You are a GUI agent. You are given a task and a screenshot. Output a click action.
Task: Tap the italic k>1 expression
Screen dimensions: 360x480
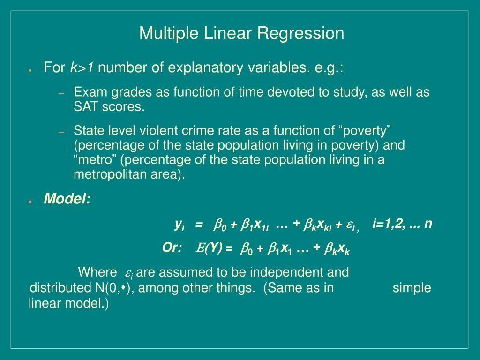point(82,68)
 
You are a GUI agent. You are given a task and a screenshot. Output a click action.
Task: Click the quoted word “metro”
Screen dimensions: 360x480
point(96,160)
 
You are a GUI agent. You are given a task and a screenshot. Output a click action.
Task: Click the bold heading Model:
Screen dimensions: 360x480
point(67,200)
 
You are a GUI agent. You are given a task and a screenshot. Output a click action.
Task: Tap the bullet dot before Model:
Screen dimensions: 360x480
point(30,201)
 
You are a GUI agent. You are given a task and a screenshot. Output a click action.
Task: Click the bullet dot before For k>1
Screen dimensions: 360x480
point(30,70)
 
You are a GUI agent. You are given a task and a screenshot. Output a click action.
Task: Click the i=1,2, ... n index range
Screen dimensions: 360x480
point(402,224)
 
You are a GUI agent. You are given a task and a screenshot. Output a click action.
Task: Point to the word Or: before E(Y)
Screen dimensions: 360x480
point(172,248)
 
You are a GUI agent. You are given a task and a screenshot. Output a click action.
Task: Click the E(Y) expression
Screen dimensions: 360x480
point(209,248)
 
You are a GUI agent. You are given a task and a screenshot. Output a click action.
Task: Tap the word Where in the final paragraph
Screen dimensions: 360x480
point(97,272)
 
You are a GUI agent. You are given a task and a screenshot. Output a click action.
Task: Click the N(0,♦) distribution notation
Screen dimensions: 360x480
point(112,288)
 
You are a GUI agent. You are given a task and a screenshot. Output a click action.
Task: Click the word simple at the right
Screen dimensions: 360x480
point(412,288)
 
